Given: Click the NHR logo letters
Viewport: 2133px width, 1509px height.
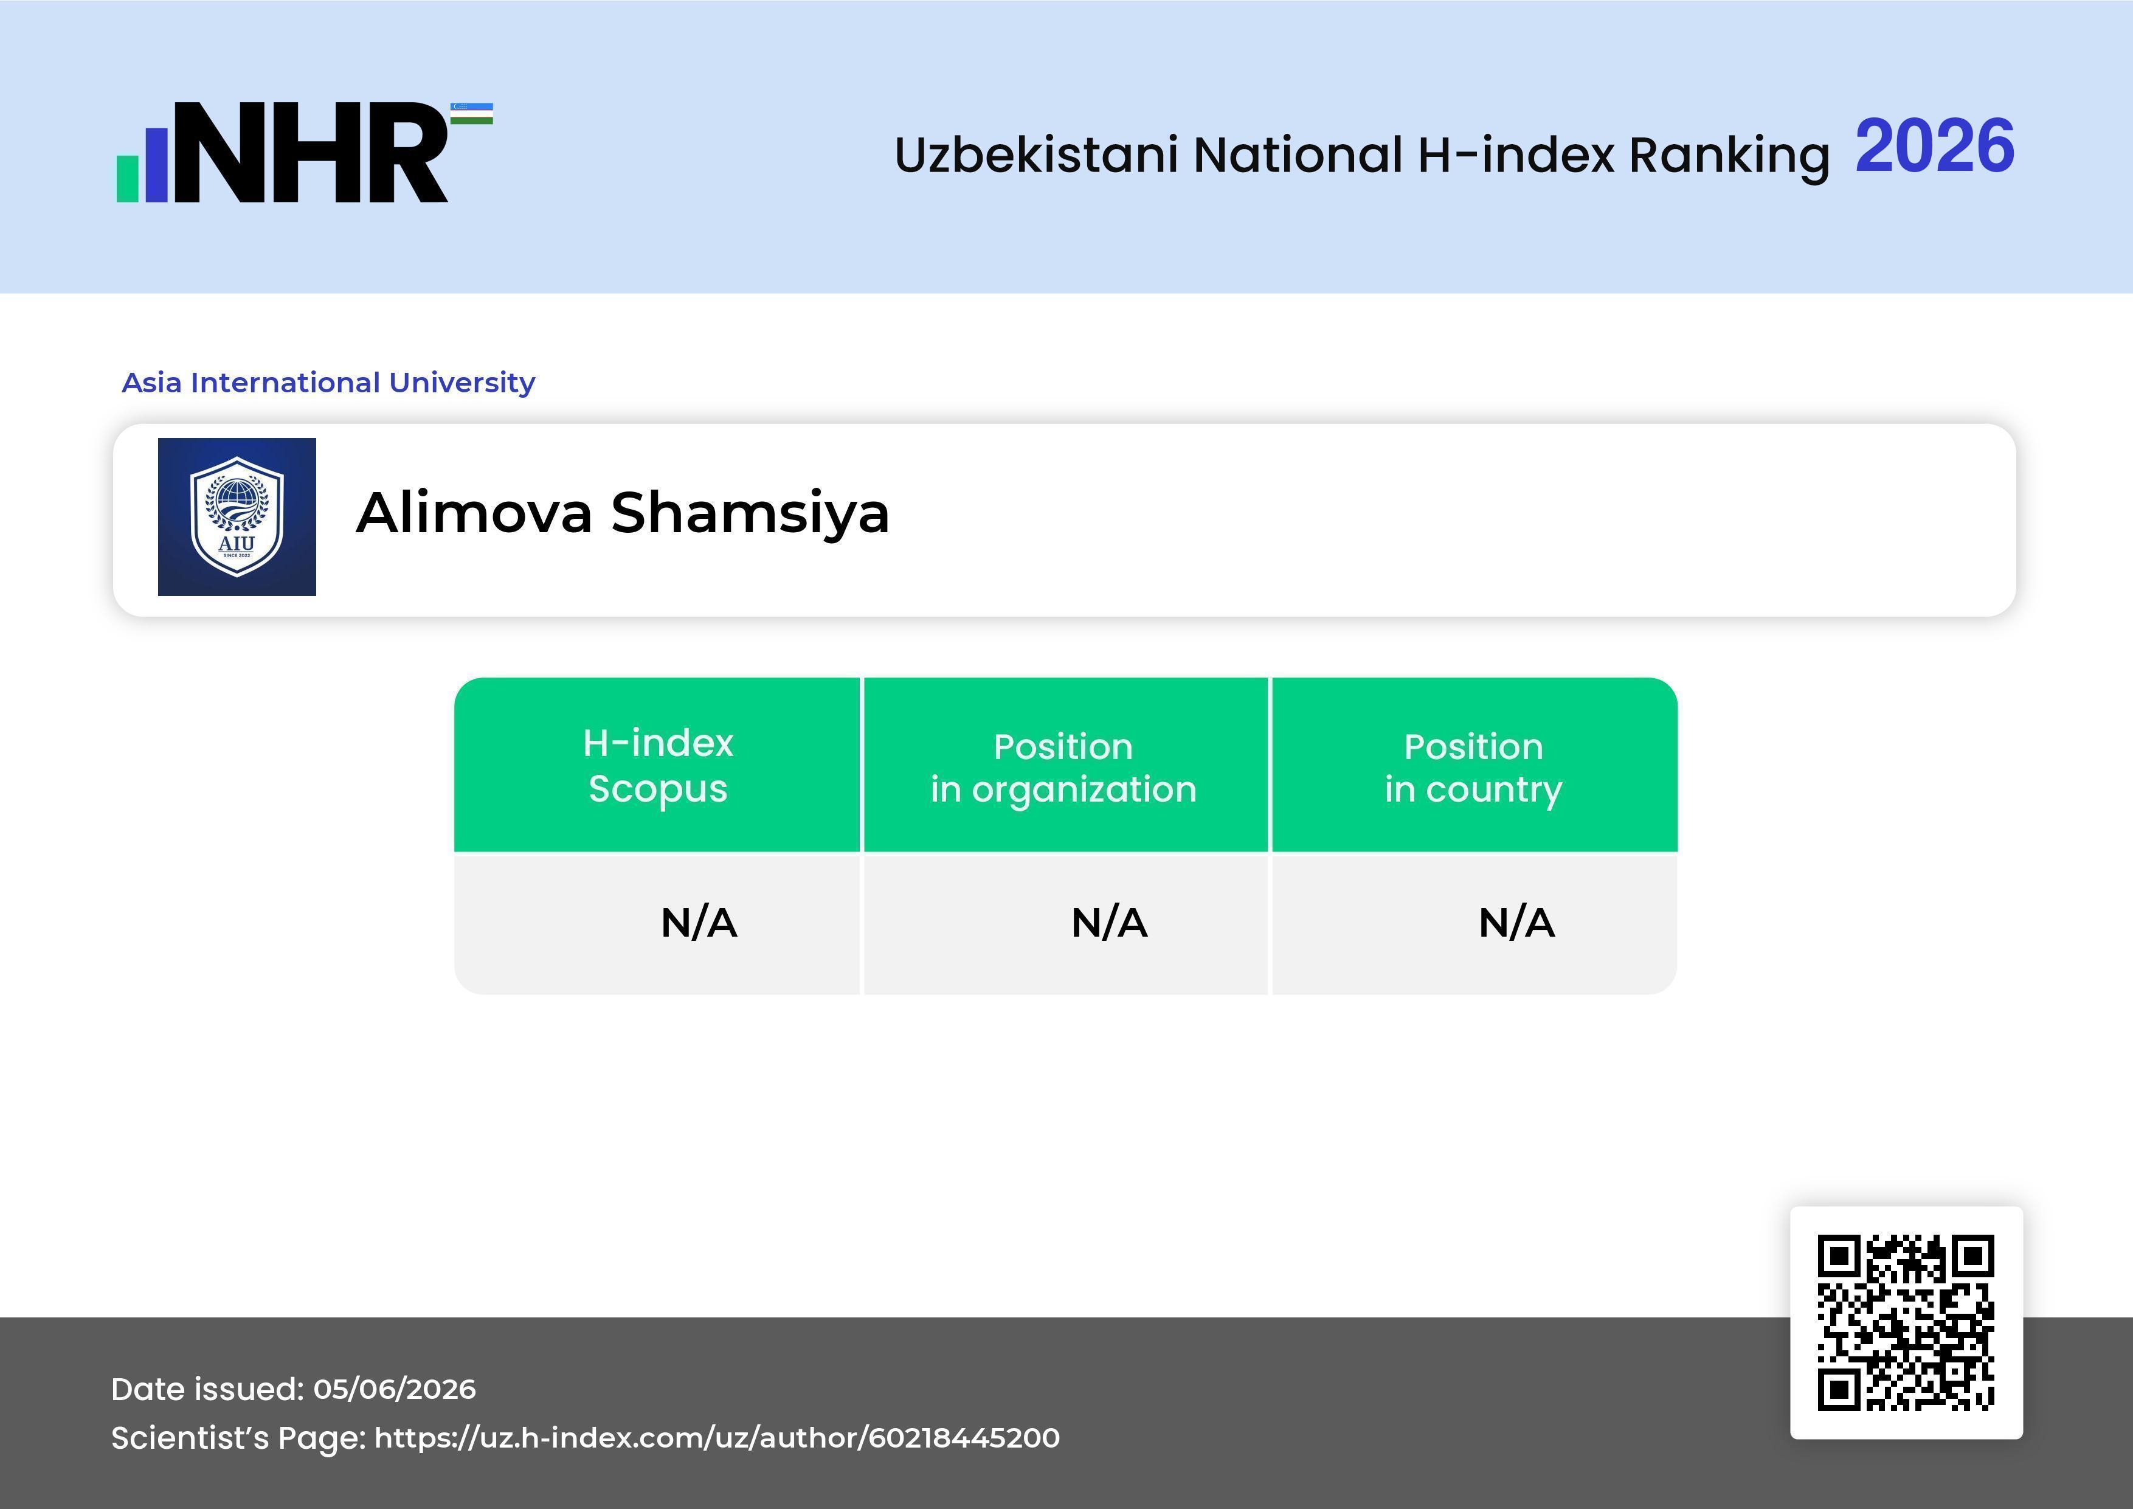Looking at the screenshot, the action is click(310, 153).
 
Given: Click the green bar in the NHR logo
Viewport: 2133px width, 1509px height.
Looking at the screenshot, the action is click(127, 178).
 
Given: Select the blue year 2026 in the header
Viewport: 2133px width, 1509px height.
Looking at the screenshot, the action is click(1934, 147).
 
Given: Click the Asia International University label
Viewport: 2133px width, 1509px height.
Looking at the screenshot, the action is click(329, 383).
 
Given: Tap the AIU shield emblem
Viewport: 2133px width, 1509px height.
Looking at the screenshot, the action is click(237, 516).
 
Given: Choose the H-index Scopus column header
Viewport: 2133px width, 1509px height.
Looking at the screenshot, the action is click(658, 766).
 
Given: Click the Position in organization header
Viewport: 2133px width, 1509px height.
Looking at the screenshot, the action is click(1063, 768).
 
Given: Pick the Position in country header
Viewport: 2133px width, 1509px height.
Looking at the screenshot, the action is click(1473, 768).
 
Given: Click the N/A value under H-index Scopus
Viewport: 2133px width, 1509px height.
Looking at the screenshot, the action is click(699, 923).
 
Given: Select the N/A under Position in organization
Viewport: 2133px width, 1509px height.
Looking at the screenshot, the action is click(1109, 923).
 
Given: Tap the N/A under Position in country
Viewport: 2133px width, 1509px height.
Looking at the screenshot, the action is click(1516, 923).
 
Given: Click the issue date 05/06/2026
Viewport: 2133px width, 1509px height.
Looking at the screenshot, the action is click(394, 1389).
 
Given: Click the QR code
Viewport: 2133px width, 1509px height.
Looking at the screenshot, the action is click(1906, 1322).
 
